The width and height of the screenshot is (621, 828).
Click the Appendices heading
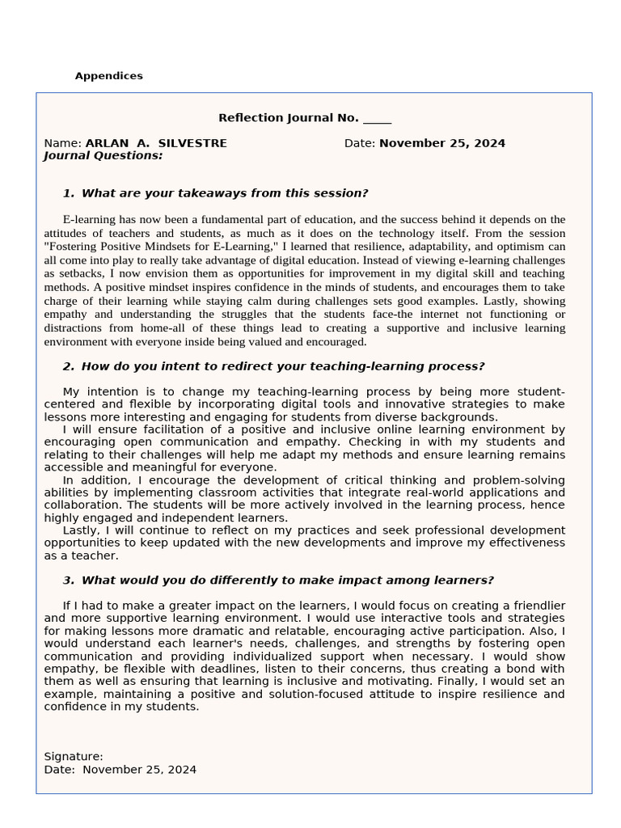pyautogui.click(x=108, y=76)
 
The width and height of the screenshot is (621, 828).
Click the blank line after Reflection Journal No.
pyautogui.click(x=377, y=119)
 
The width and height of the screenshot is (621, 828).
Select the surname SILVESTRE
pyautogui.click(x=192, y=143)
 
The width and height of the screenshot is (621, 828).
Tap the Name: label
pyautogui.click(x=63, y=143)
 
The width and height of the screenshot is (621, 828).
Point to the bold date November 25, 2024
pyautogui.click(x=442, y=143)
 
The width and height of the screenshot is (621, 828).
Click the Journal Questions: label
pyautogui.click(x=103, y=155)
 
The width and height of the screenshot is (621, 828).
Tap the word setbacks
pyautogui.click(x=74, y=273)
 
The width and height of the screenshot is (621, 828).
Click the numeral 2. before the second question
pyautogui.click(x=69, y=366)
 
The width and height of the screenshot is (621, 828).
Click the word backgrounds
pyautogui.click(x=459, y=417)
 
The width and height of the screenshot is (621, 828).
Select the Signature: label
pyautogui.click(x=74, y=757)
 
